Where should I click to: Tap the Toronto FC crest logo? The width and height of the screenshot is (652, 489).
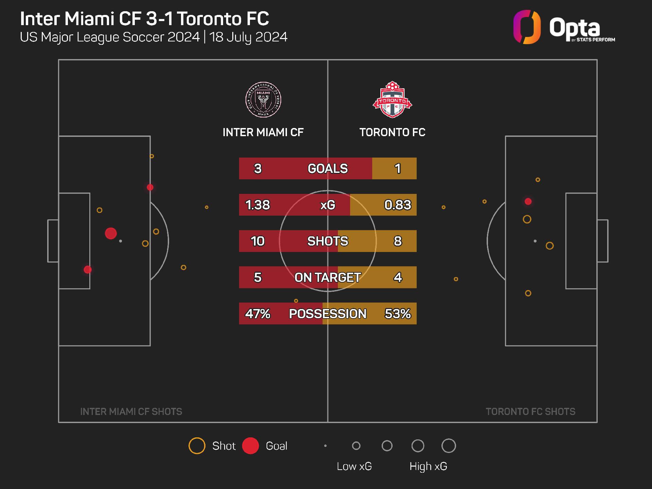click(392, 99)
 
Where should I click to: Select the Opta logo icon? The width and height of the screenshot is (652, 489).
click(527, 27)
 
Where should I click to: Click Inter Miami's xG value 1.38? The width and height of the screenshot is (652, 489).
click(257, 205)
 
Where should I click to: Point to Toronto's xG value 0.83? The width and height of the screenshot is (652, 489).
click(397, 205)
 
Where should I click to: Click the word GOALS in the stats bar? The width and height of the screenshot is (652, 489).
click(328, 168)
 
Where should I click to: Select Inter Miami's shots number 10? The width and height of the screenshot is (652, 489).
click(257, 241)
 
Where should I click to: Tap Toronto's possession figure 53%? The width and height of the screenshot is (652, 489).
click(397, 313)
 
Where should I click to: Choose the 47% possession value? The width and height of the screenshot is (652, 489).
click(257, 313)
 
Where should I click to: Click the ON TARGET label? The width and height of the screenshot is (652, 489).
click(328, 277)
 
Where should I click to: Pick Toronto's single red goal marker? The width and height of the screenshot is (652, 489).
click(528, 202)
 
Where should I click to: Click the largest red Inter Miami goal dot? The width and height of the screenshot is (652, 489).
click(111, 234)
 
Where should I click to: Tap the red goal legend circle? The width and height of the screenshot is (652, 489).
click(251, 446)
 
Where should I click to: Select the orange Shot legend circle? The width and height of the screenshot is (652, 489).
click(197, 446)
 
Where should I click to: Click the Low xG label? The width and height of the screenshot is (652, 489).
click(354, 466)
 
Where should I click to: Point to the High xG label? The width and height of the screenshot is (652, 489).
click(428, 466)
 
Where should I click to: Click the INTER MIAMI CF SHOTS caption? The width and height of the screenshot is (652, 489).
click(131, 412)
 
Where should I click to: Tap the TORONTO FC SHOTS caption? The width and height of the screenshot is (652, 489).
click(530, 412)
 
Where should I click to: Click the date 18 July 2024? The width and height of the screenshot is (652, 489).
click(248, 37)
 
